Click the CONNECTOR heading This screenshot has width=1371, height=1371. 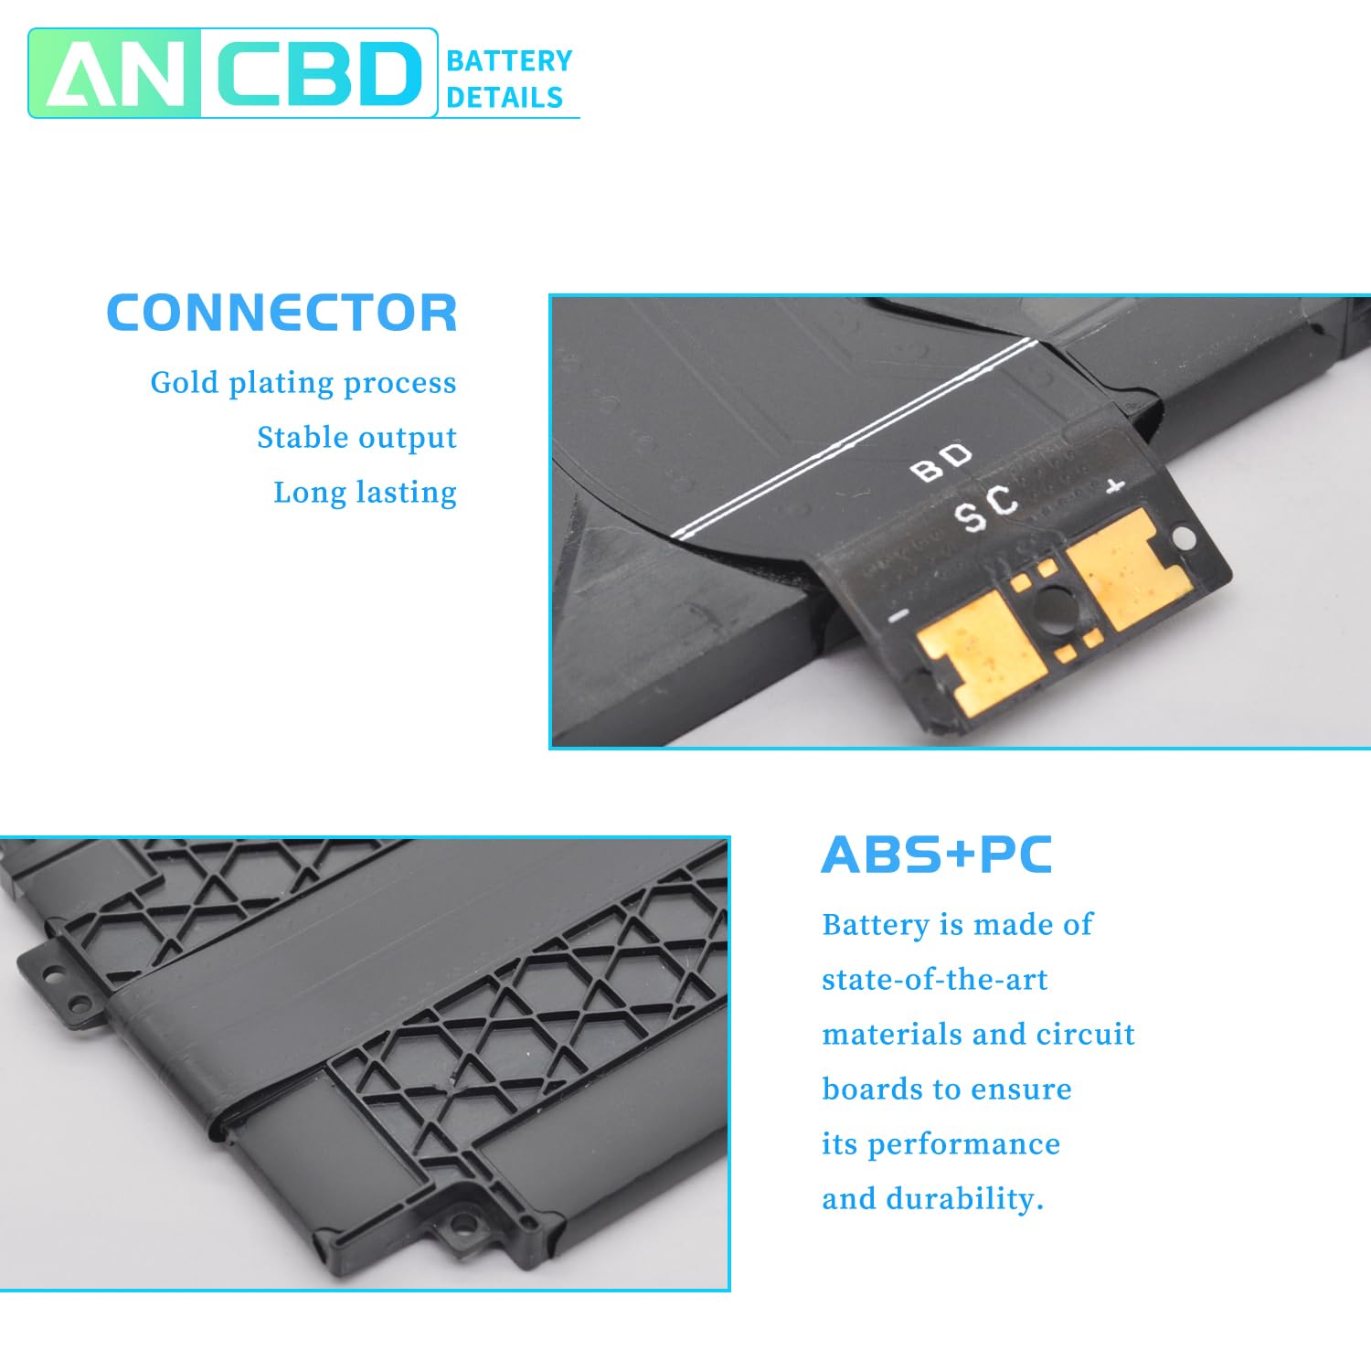(282, 313)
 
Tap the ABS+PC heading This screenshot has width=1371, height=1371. (936, 856)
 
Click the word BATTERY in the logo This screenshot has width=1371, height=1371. (509, 61)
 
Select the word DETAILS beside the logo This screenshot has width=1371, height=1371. (505, 97)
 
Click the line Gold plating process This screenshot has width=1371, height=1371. (303, 382)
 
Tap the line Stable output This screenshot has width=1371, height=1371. (356, 437)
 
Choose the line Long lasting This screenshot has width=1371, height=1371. (365, 492)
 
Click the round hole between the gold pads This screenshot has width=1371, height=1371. (1054, 605)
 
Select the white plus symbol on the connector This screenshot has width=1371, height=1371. (1114, 486)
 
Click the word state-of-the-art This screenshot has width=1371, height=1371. (934, 980)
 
